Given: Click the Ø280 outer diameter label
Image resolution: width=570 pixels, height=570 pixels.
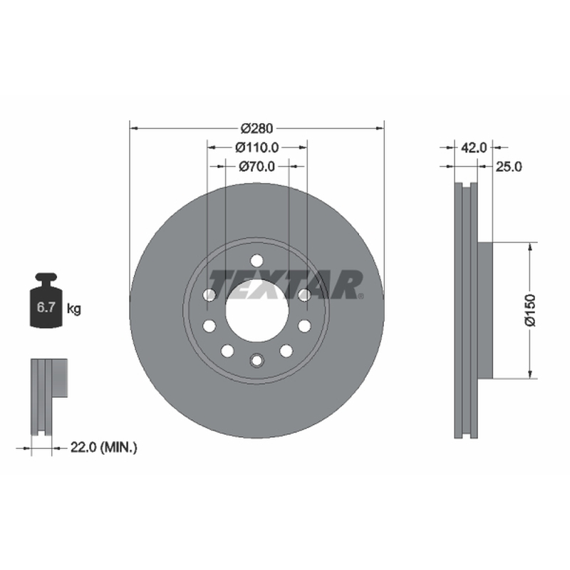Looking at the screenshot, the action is pyautogui.click(x=256, y=128).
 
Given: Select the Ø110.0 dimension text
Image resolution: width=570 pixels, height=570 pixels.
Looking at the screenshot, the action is pyautogui.click(x=256, y=147).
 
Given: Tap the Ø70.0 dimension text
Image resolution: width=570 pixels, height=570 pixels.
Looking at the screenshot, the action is pyautogui.click(x=256, y=167).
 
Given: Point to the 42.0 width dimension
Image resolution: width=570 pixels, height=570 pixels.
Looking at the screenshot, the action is pyautogui.click(x=474, y=147).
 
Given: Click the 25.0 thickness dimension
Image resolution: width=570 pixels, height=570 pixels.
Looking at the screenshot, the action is pyautogui.click(x=509, y=167).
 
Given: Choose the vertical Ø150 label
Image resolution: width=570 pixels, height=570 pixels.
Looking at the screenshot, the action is pyautogui.click(x=530, y=310).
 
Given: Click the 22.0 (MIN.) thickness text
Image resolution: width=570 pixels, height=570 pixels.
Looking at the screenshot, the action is pyautogui.click(x=103, y=447).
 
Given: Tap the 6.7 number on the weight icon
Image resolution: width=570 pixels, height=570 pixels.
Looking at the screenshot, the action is pyautogui.click(x=46, y=308).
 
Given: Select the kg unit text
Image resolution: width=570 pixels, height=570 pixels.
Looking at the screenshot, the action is pyautogui.click(x=74, y=309).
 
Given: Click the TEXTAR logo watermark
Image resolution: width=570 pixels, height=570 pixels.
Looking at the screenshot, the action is pyautogui.click(x=286, y=284).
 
